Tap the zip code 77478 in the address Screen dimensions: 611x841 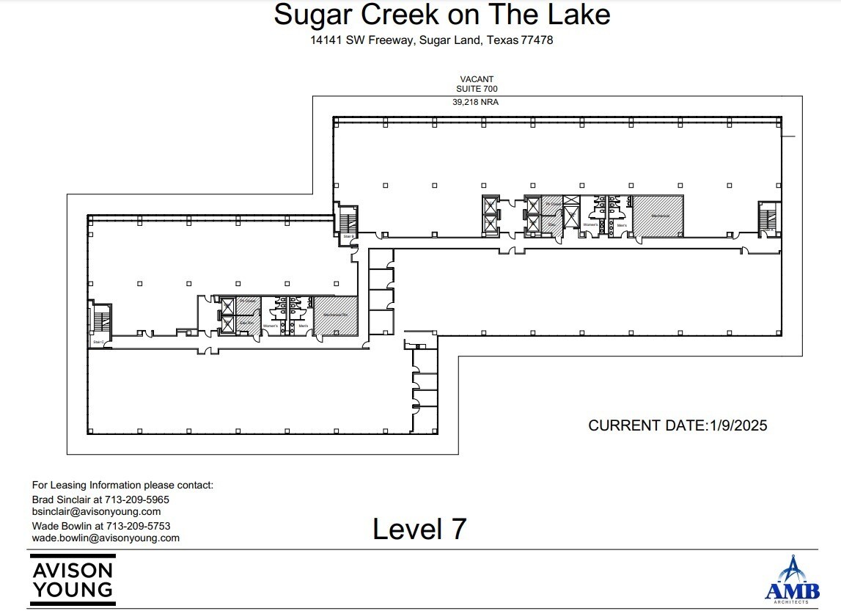point(537,40)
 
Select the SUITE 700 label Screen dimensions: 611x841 point(477,89)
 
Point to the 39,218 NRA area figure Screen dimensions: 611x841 point(475,103)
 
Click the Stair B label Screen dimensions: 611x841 point(348,236)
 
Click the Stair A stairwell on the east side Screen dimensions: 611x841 point(768,218)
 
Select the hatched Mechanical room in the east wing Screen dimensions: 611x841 point(658,216)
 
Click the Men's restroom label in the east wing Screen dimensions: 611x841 point(621,224)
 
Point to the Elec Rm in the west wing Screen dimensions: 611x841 point(246,321)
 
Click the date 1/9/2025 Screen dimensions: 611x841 point(737,425)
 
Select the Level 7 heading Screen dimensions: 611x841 point(419,529)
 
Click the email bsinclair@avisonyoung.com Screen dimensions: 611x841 point(96,511)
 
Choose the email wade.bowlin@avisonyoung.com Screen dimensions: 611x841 point(106,538)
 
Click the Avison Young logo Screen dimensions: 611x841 point(72,579)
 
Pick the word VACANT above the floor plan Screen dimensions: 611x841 point(477,78)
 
